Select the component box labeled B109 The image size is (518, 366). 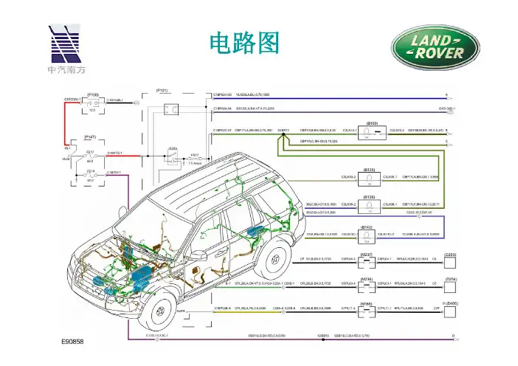tap(372, 131)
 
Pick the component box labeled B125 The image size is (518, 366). tap(372, 177)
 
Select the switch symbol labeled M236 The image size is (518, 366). tap(366, 283)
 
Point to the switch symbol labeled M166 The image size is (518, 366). tap(366, 308)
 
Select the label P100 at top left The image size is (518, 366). tap(93, 94)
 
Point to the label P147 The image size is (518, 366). tap(91, 137)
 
